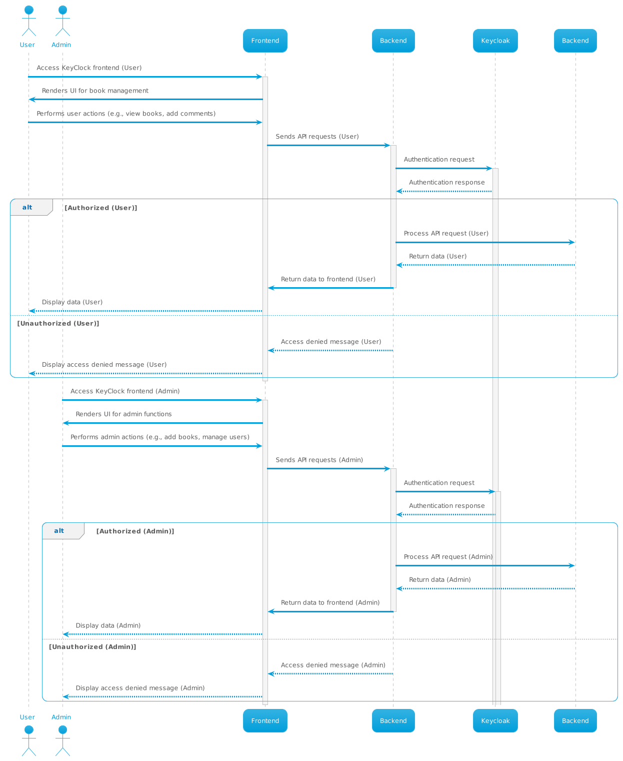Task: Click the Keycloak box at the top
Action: [495, 41]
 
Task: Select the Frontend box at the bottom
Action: [265, 720]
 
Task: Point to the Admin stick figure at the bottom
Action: [62, 740]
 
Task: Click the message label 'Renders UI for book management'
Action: [95, 91]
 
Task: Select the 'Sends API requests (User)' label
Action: [317, 137]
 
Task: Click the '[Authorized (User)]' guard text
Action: [101, 208]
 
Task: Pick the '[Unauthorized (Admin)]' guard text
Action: [92, 647]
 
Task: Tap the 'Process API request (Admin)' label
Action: [448, 557]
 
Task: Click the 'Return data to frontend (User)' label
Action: [328, 279]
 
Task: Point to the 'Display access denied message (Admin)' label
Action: [140, 688]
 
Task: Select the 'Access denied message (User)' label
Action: [330, 342]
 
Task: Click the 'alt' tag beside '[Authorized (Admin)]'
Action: [59, 531]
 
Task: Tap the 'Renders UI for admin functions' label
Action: [123, 414]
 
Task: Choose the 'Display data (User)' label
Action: [72, 302]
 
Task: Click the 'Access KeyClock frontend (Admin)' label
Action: [125, 391]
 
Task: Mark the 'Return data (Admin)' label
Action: [439, 579]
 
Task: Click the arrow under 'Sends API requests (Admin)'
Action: [328, 469]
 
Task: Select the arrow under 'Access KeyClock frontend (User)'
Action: [145, 77]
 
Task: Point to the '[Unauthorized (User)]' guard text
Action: [58, 323]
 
